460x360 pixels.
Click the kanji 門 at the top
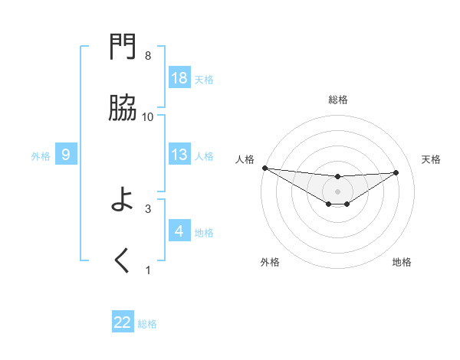pos(123,49)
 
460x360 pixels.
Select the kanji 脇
pos(123,110)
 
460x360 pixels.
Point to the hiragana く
pos(123,262)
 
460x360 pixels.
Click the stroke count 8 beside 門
pos(148,56)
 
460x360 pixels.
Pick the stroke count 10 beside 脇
pos(148,116)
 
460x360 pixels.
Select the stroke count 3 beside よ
pos(148,208)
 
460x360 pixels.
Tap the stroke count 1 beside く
pos(148,269)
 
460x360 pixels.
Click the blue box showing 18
pos(179,78)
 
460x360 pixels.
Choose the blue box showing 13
pos(179,155)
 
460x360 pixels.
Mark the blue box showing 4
pos(179,231)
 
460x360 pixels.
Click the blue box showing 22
pos(123,323)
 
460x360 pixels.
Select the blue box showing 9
pos(66,155)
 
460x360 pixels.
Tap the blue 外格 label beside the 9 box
pos(41,156)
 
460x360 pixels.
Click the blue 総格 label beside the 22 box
pos(147,324)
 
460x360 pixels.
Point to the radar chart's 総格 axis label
pos(338,100)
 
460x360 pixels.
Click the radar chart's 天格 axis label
pos(432,159)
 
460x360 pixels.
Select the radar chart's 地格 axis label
pos(402,262)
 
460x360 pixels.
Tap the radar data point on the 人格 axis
pos(264,167)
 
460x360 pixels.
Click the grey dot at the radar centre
pos(338,191)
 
